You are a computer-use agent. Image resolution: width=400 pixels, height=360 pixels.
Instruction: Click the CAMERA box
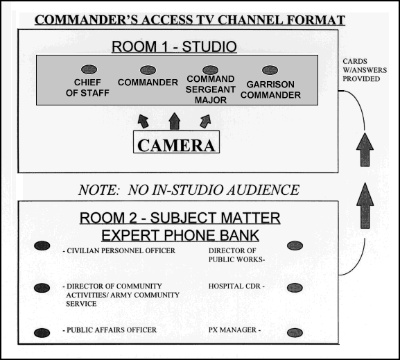point(176,142)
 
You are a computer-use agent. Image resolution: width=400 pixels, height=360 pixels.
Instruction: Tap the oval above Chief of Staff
point(89,69)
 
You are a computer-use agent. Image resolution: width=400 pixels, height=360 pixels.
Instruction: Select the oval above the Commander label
point(148,70)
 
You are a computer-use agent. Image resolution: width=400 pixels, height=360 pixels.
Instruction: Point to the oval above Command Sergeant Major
point(210,70)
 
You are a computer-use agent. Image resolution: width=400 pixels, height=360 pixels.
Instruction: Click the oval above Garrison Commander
point(270,70)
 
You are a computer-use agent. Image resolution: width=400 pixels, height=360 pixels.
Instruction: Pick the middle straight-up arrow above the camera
point(175,121)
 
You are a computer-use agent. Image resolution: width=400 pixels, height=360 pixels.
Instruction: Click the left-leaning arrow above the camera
point(143,121)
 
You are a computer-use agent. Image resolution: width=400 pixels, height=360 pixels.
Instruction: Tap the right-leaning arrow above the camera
point(206,121)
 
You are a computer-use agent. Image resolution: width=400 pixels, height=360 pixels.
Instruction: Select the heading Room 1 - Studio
point(174,46)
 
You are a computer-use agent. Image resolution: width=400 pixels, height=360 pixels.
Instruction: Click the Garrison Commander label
point(270,89)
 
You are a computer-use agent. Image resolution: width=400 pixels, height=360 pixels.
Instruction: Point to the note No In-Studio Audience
point(189,190)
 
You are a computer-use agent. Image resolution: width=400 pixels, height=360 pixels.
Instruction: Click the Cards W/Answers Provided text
point(365,70)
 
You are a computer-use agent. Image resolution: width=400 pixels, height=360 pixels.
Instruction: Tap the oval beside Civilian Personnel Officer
point(42,246)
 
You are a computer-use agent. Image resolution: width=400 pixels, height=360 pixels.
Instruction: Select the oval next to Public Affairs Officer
point(42,333)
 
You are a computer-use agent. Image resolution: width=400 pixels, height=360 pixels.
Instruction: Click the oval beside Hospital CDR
point(295,288)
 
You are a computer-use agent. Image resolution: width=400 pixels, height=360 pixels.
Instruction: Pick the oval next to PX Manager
point(295,333)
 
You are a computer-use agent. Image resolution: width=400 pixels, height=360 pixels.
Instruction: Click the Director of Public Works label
point(236,255)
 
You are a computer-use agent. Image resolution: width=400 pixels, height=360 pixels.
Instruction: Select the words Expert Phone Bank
point(180,235)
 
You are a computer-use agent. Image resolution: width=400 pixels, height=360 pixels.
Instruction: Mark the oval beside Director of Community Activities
point(42,288)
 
